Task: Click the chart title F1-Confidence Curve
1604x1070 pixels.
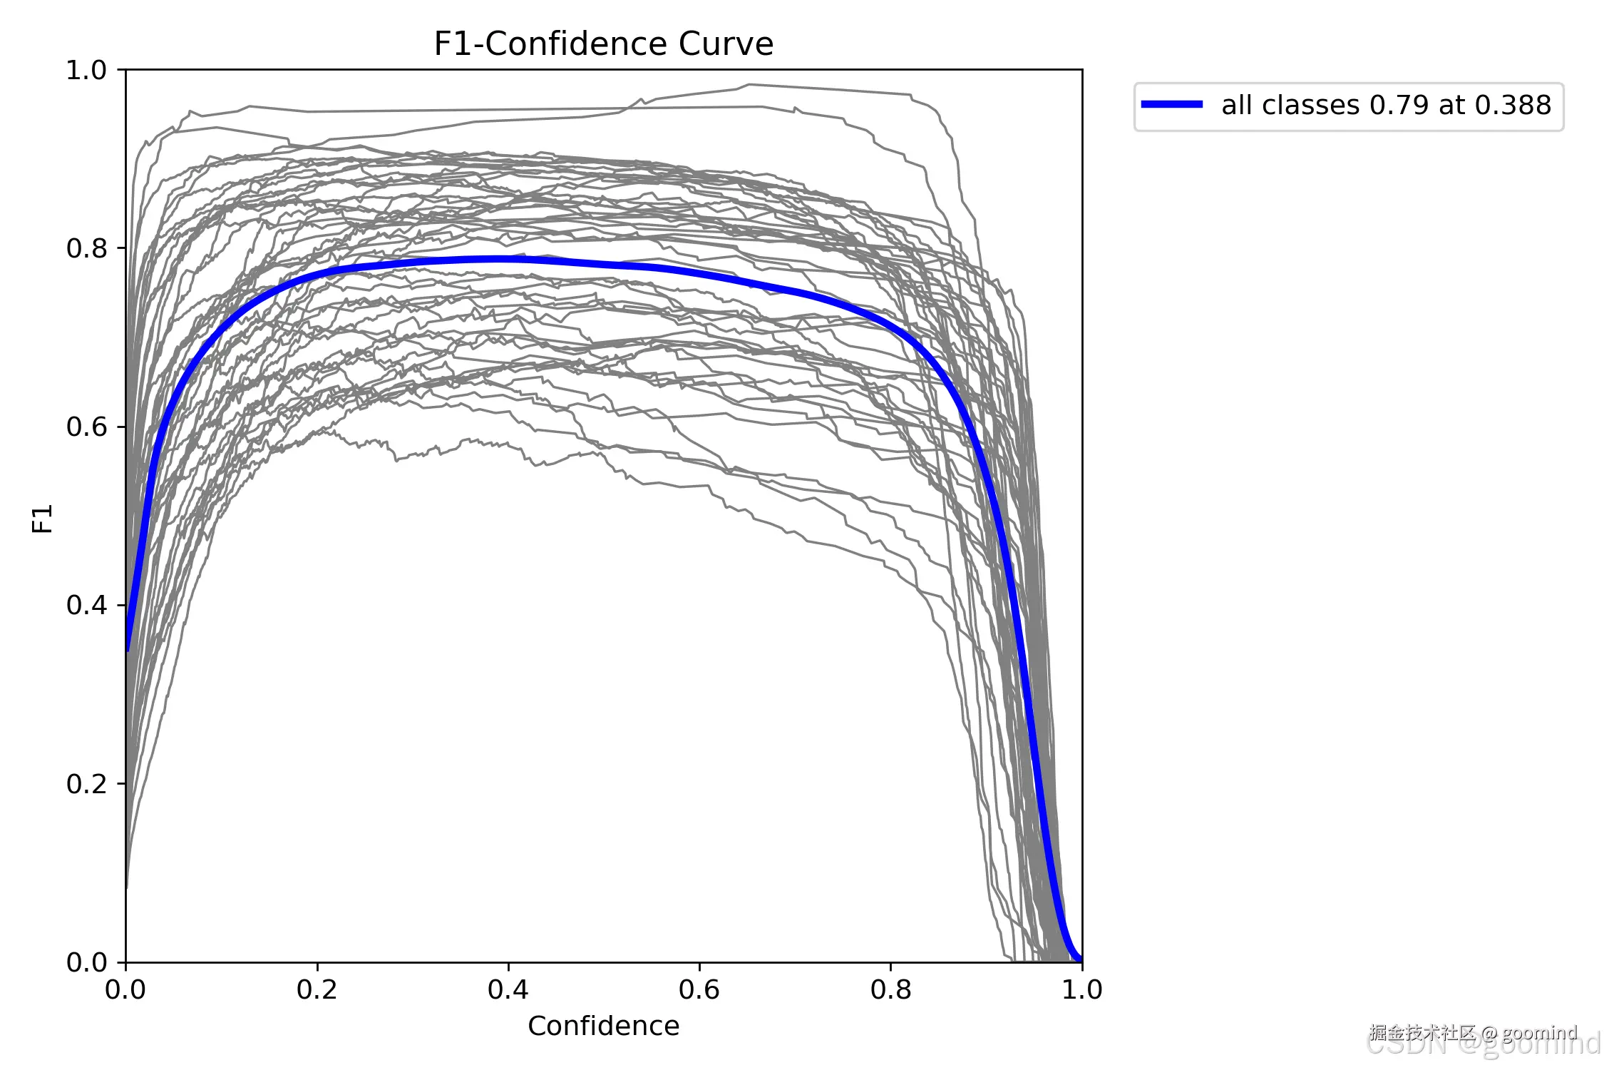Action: [x=603, y=44]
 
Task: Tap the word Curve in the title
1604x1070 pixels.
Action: [x=726, y=44]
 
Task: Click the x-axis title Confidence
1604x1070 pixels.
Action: [x=603, y=1026]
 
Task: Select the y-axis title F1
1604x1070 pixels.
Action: [x=43, y=518]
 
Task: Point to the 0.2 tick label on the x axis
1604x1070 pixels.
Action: [x=317, y=989]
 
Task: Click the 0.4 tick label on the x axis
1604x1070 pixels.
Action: [x=508, y=989]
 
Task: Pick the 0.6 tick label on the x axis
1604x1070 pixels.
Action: [x=699, y=989]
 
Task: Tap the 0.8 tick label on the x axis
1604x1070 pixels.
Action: [x=890, y=989]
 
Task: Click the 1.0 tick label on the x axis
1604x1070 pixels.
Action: [x=1081, y=989]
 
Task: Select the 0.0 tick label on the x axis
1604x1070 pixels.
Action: [x=125, y=989]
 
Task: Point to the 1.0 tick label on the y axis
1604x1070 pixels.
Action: [x=86, y=70]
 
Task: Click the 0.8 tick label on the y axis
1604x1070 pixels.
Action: [x=86, y=248]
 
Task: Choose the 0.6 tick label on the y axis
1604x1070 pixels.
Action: [x=86, y=427]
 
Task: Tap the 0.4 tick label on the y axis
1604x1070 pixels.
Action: [x=86, y=605]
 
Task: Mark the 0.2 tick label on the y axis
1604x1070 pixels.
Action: [x=86, y=783]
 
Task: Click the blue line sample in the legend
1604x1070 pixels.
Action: [x=1171, y=105]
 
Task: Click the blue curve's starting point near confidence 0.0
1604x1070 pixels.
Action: [x=128, y=649]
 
